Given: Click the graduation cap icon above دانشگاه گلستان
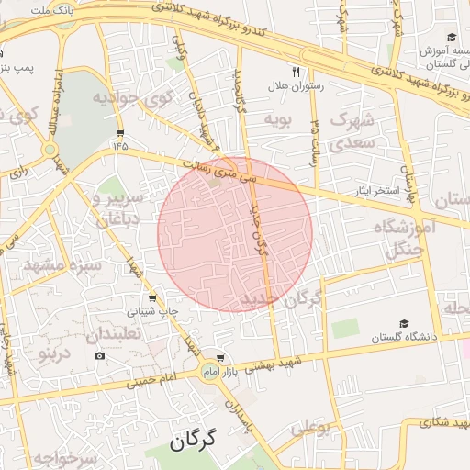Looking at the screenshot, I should point(404,324).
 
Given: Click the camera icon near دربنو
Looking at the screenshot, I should point(99,355).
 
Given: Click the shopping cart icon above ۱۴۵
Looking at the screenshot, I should point(120,132).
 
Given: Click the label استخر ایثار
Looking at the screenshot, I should point(376,193).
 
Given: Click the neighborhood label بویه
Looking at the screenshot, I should point(277,119).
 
